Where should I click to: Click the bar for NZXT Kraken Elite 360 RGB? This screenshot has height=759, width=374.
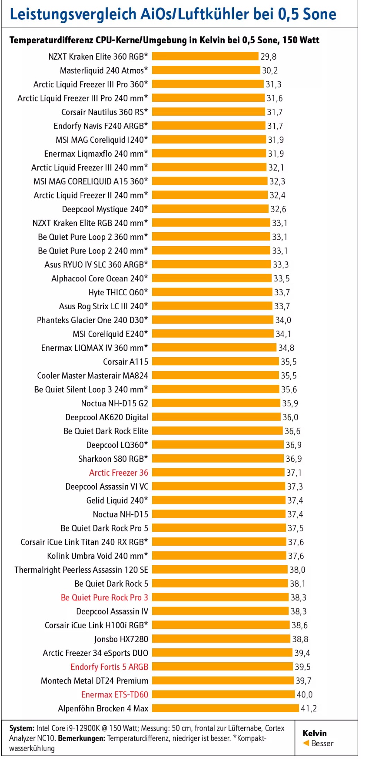pos(205,57)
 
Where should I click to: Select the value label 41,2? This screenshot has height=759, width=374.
pos(309,708)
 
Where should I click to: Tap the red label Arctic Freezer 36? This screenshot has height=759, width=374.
pos(118,473)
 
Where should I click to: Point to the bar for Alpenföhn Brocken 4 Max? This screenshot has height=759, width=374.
pos(225,708)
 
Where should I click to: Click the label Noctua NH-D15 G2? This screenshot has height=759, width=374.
pos(114,403)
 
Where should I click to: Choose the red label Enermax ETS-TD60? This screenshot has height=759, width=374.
pos(115,694)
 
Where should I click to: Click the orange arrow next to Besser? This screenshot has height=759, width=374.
pos(306,743)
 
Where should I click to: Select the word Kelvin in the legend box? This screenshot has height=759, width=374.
pos(314,733)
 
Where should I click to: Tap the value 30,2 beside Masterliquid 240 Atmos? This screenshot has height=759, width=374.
pos(270,70)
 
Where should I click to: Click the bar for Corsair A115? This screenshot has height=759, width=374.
pos(215,362)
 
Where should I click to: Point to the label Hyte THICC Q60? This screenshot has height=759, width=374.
pos(118,292)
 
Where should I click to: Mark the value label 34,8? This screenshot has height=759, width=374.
pos(286,348)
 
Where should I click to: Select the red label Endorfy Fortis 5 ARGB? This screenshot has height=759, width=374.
pos(109,667)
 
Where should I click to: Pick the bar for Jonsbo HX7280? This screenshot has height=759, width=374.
pos(221,639)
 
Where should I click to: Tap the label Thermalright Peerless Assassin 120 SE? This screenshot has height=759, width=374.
pos(81,570)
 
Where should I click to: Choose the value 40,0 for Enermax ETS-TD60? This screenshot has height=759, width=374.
pos(304,694)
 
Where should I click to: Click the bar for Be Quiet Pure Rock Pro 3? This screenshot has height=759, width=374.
pos(220,597)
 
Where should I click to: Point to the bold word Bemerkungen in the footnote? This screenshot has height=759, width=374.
pos(81,738)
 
